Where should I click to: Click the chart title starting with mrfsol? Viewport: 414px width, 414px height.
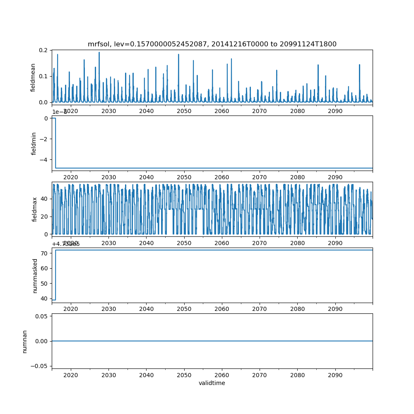[x=212, y=44]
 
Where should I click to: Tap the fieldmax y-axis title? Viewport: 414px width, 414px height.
[x=35, y=209]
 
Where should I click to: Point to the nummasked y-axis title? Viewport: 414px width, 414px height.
[x=35, y=275]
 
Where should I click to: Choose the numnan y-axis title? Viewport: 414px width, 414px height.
[x=25, y=341]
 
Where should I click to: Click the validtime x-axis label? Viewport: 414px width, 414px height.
[x=212, y=383]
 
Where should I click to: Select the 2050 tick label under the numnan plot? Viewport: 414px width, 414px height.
[x=184, y=375]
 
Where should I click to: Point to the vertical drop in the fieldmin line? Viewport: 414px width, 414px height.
[x=55, y=143]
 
